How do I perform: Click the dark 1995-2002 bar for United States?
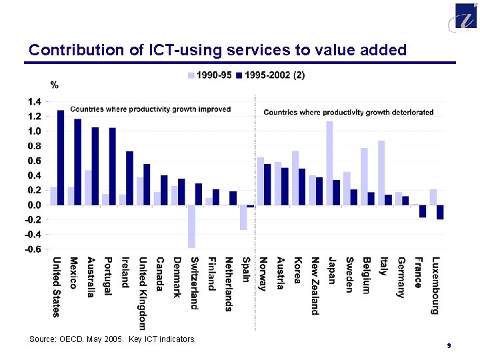point(61,157)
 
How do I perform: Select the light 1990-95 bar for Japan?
point(329,163)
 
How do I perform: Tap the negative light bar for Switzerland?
point(191,226)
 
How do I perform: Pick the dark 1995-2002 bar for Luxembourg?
point(440,212)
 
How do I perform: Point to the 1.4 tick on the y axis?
point(35,102)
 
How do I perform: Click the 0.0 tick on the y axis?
point(35,205)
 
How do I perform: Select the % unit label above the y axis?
point(55,85)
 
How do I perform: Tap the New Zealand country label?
point(315,285)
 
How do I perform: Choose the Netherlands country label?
point(229,283)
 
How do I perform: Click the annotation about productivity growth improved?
point(150,109)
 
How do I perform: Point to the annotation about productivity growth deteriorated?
point(349,112)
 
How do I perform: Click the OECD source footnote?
point(113,339)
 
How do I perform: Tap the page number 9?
point(449,345)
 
